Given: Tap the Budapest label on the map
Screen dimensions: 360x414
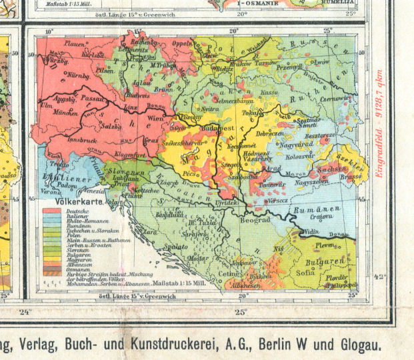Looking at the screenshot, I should coord(215,125).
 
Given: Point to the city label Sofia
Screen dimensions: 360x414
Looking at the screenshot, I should coord(304,273).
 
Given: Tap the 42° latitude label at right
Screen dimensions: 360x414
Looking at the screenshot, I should coord(379,275).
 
